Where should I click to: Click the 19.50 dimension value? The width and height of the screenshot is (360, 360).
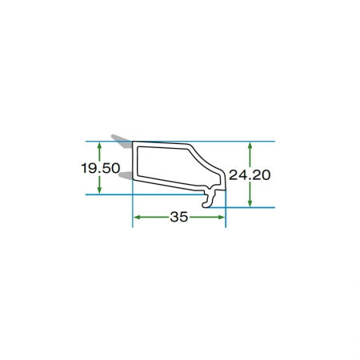101,168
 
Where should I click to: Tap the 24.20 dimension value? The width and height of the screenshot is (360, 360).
250,175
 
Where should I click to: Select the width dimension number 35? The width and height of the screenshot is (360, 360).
179,217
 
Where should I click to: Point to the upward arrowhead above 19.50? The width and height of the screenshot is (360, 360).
99,146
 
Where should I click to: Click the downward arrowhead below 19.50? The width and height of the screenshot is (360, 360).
99,190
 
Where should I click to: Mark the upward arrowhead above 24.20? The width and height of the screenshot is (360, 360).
250,146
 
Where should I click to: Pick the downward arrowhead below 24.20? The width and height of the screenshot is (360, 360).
250,203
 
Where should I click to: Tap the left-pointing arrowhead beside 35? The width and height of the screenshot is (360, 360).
137,217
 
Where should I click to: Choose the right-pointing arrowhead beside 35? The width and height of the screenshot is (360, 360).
222,217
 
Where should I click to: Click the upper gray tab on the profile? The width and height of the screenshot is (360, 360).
122,141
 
